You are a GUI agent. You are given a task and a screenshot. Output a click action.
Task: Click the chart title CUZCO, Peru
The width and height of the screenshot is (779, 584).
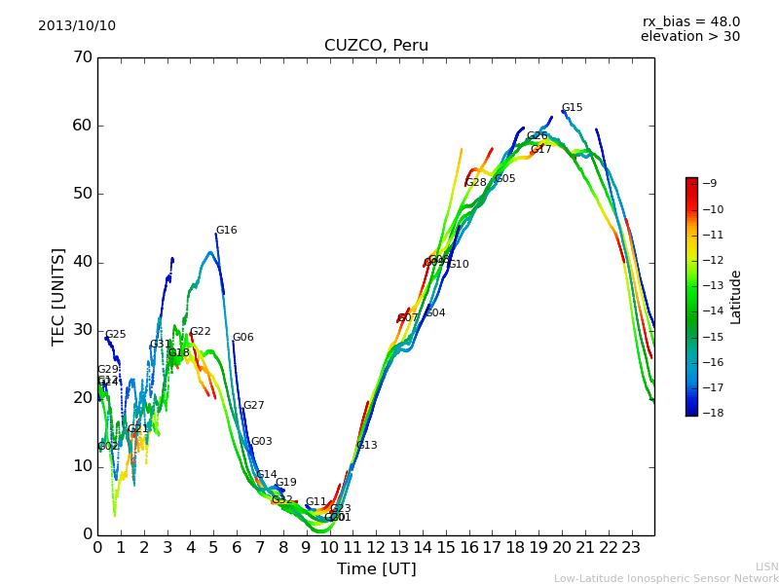pyautogui.click(x=376, y=46)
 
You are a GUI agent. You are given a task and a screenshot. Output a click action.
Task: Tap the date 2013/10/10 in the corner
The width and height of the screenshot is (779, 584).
pyautogui.click(x=77, y=26)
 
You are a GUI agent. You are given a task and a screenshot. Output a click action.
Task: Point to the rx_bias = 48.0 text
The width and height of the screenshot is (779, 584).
pyautogui.click(x=690, y=22)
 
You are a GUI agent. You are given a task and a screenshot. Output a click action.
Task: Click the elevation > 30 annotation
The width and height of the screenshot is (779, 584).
pyautogui.click(x=689, y=37)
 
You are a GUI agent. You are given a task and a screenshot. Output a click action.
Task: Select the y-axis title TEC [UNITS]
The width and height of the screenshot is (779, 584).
pyautogui.click(x=59, y=296)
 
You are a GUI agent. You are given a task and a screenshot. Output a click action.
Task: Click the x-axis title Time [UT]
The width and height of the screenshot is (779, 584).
pyautogui.click(x=376, y=569)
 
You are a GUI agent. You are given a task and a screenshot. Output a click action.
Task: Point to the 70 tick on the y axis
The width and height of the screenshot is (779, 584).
pyautogui.click(x=83, y=57)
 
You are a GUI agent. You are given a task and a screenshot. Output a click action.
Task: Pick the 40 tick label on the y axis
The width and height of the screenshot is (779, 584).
pyautogui.click(x=83, y=262)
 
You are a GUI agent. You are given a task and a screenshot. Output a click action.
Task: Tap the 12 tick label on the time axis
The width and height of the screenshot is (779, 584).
pyautogui.click(x=376, y=547)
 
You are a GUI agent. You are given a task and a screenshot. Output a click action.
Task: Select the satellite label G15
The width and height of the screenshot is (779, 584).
pyautogui.click(x=572, y=108)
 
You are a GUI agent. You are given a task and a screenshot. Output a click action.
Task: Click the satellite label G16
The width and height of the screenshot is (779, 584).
pyautogui.click(x=226, y=231)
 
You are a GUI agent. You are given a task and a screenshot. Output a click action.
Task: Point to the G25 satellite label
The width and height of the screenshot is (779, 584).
pyautogui.click(x=115, y=335)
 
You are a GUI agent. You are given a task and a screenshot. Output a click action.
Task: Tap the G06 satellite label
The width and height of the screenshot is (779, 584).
pyautogui.click(x=242, y=338)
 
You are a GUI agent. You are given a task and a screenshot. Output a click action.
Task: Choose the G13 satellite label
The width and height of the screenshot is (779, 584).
pyautogui.click(x=366, y=446)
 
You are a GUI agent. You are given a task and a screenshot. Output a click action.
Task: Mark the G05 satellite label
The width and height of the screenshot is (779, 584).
pyautogui.click(x=504, y=179)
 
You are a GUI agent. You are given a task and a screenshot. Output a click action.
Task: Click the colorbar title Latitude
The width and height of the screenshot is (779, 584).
pyautogui.click(x=736, y=297)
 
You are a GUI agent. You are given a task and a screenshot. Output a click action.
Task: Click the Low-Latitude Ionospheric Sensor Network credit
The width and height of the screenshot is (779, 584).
pyautogui.click(x=666, y=579)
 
